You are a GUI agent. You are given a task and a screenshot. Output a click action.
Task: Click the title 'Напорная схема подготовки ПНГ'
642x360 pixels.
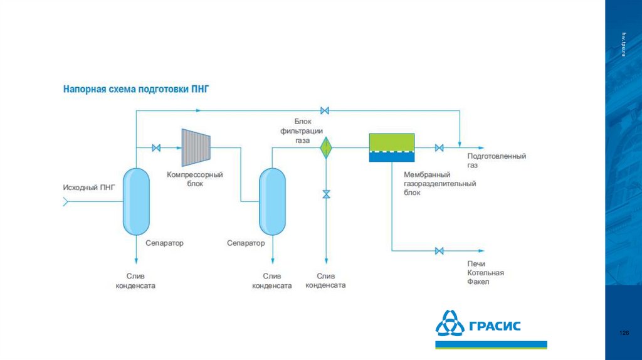point(135,90)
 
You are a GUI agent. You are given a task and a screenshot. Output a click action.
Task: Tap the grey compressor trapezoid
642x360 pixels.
point(196,148)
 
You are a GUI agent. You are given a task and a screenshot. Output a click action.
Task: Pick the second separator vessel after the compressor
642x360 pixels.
point(272,201)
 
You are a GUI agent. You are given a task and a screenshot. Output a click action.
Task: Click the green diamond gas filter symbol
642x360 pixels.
point(326,148)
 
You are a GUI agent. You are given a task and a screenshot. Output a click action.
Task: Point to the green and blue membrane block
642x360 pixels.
point(391,148)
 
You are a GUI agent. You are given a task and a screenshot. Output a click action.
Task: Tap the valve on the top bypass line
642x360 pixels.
point(325,111)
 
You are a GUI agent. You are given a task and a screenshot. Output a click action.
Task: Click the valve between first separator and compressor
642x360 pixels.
point(156,148)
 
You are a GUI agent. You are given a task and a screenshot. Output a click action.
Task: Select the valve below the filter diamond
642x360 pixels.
point(326,194)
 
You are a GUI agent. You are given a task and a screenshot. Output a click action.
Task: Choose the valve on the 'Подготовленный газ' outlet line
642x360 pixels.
point(439,148)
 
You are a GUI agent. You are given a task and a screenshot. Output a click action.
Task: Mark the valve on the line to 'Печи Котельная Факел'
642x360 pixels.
point(439,251)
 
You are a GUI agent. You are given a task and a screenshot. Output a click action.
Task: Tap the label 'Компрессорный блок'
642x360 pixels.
point(195,179)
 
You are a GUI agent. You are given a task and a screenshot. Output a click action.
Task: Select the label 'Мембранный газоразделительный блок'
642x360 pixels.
point(439,183)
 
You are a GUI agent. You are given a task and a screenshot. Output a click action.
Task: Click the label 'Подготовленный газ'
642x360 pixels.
point(496,161)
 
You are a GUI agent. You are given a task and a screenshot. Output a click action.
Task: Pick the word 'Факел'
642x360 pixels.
point(478,282)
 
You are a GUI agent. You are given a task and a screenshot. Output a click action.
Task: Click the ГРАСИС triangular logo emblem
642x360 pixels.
point(450,325)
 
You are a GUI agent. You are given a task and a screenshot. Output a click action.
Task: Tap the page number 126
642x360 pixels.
point(623,332)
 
